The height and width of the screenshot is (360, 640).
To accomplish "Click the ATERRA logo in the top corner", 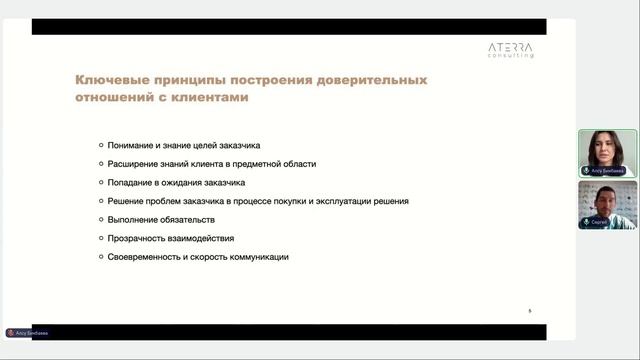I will [x=510, y=49].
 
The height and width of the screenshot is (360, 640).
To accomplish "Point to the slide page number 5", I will [x=530, y=311].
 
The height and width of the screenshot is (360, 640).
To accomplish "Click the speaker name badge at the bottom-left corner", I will [x=27, y=332].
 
